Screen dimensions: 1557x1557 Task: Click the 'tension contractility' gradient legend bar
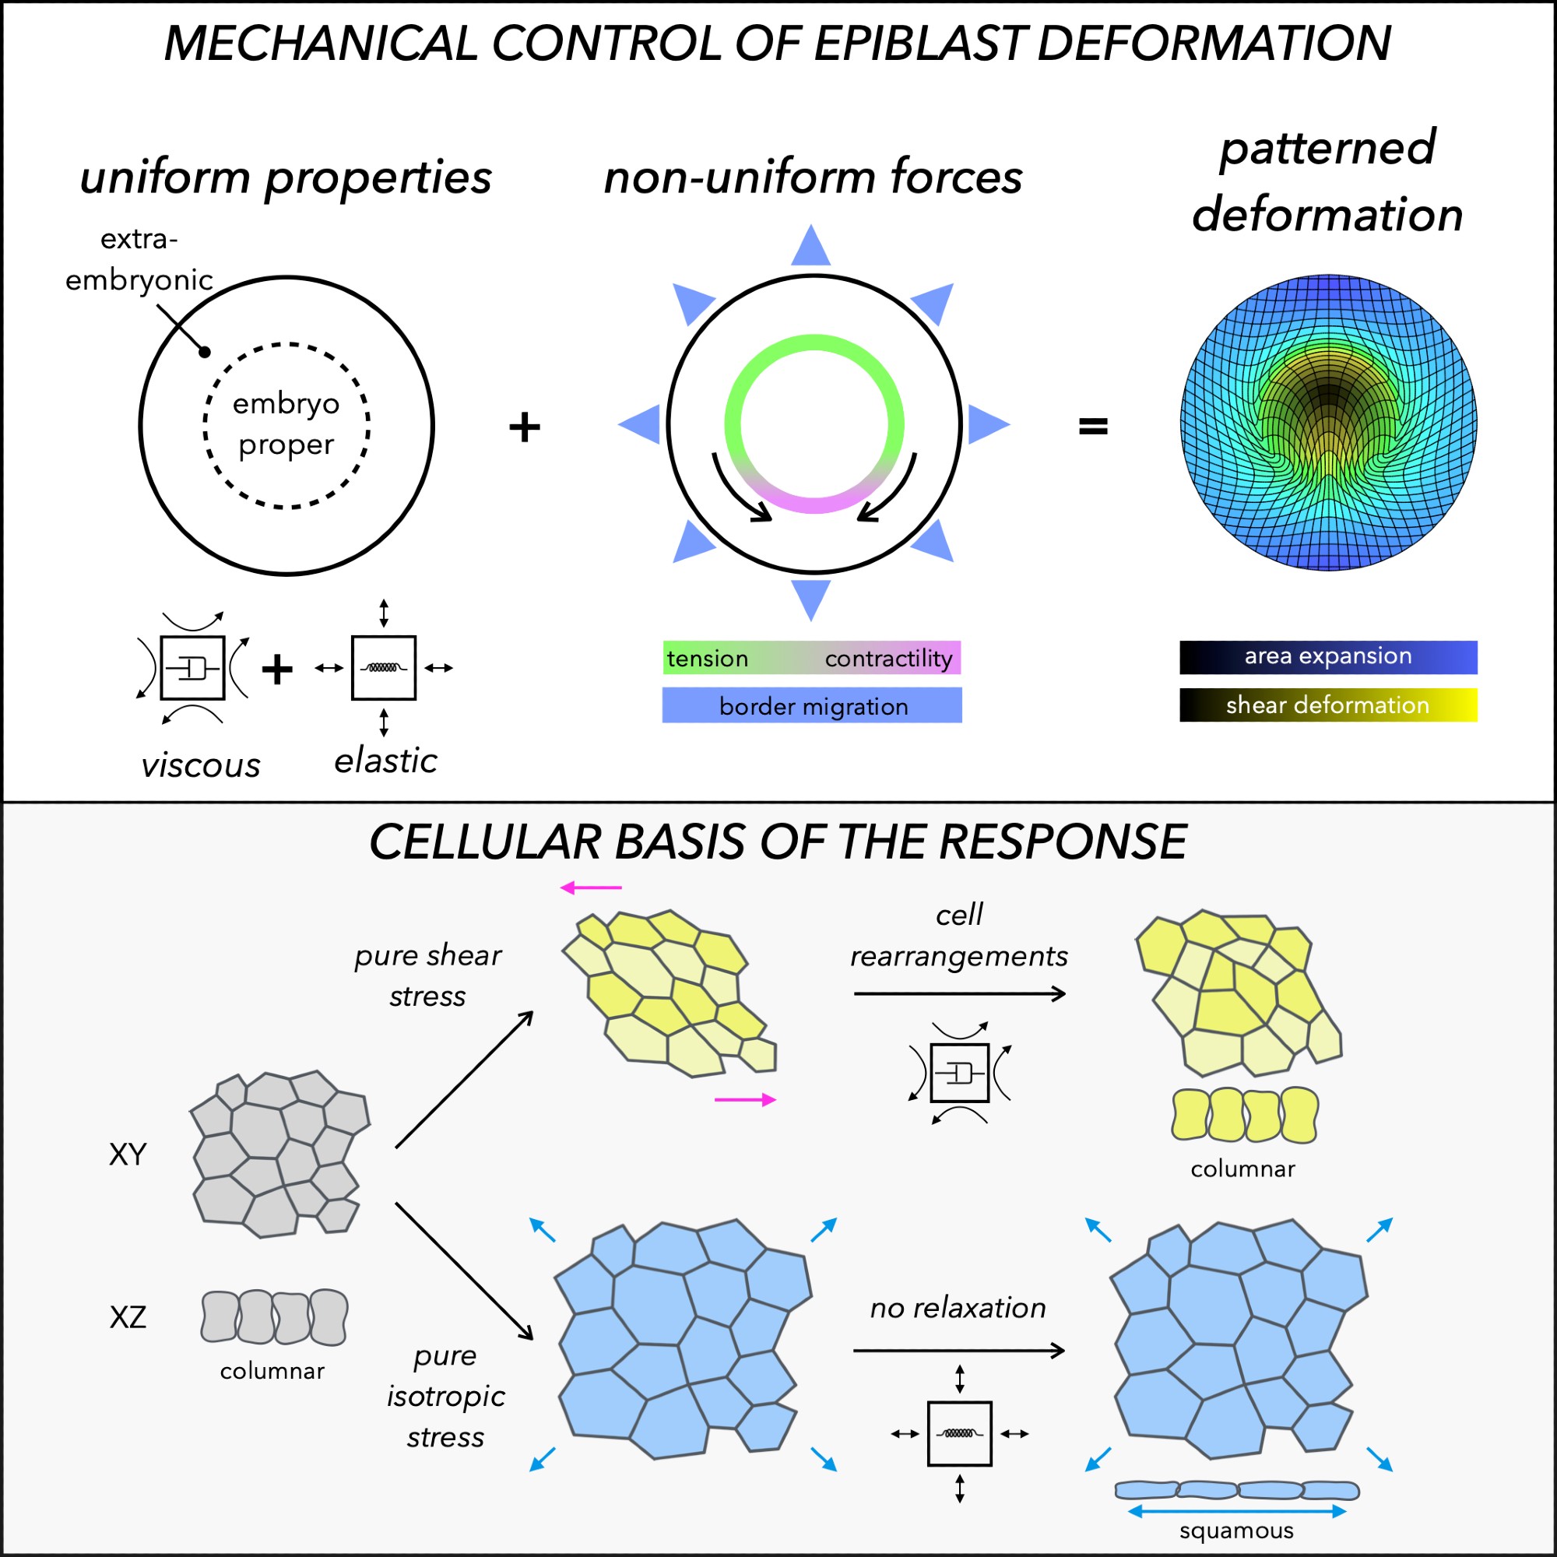coord(811,658)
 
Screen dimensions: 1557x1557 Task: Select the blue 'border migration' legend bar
coord(811,705)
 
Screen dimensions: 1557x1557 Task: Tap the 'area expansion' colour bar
coord(1328,657)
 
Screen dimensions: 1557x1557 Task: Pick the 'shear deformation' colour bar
coord(1328,705)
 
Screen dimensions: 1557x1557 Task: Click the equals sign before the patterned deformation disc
coord(1093,426)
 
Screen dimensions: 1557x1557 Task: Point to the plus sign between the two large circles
coord(525,427)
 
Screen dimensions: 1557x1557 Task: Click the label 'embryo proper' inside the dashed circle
coord(286,423)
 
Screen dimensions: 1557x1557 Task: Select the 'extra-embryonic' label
coord(139,259)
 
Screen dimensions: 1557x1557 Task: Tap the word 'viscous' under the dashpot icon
coord(201,764)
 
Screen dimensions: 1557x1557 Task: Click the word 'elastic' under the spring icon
coord(386,761)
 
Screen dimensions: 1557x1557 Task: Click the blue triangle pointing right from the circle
coord(986,424)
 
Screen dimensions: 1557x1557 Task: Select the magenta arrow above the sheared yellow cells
coord(591,887)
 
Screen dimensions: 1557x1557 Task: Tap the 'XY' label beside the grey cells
coord(128,1155)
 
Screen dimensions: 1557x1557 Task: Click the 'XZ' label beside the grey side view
coord(128,1317)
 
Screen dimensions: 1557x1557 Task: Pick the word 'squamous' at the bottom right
coord(1236,1530)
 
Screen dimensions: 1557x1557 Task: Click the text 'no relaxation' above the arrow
coord(958,1307)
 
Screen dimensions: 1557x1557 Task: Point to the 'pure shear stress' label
coord(428,975)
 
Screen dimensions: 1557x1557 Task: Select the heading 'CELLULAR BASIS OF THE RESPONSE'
coord(778,842)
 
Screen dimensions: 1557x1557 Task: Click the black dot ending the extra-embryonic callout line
coord(205,351)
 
